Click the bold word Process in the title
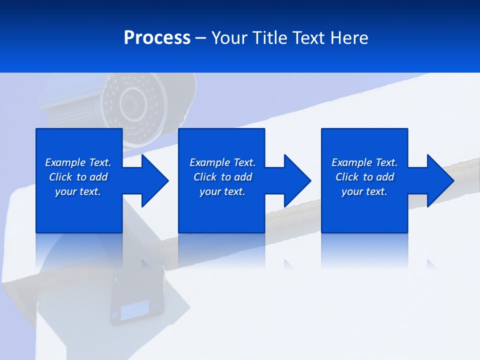[x=157, y=38]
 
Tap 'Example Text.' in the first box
[x=78, y=162]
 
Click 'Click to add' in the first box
[x=78, y=177]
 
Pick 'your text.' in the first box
[x=78, y=191]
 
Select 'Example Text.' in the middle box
[x=222, y=162]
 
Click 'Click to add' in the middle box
[x=222, y=177]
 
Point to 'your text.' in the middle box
[x=222, y=191]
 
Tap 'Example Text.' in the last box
[x=364, y=162]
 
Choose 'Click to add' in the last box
[x=364, y=177]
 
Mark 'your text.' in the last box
[x=364, y=191]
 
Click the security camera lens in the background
[x=132, y=102]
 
